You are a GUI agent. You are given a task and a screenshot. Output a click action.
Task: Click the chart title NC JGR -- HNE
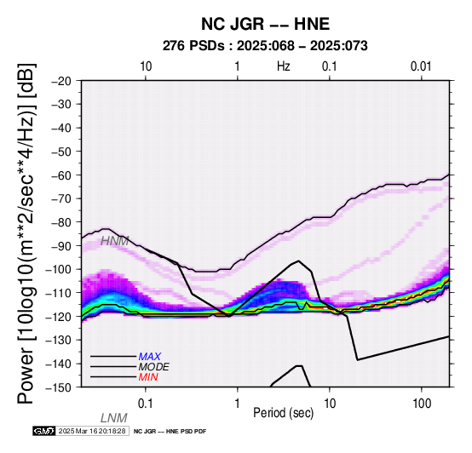[x=265, y=24]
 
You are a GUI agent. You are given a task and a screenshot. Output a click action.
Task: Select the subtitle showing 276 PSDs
[x=265, y=46]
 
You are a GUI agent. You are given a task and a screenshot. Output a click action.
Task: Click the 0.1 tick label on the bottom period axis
[x=146, y=404]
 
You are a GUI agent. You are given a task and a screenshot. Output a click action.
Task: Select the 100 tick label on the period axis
[x=422, y=404]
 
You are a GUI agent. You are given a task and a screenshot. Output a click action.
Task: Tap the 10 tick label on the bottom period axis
[x=330, y=404]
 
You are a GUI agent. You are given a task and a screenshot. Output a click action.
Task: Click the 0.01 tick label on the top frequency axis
[x=421, y=66]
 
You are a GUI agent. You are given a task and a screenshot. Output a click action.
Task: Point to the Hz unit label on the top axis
[x=284, y=66]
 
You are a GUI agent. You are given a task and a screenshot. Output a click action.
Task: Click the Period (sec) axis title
[x=283, y=413]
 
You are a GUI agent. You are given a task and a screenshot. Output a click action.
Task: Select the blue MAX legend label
[x=150, y=357]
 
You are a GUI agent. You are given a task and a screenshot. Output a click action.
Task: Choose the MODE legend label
[x=154, y=367]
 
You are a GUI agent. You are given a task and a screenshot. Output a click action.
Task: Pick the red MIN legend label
[x=148, y=377]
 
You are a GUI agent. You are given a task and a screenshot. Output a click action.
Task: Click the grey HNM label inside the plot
[x=114, y=241]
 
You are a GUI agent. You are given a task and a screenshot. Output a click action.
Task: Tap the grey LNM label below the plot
[x=114, y=418]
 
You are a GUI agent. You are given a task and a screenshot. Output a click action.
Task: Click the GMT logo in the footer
[x=44, y=431]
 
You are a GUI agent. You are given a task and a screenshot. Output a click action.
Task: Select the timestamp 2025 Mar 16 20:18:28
[x=92, y=431]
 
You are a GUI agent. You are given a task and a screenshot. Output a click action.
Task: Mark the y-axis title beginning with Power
[x=26, y=233]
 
